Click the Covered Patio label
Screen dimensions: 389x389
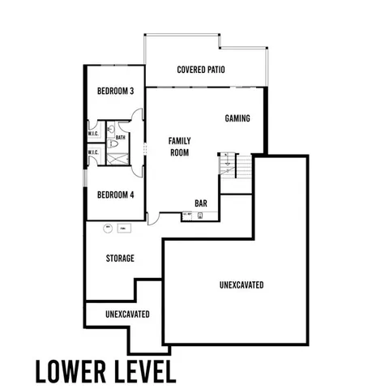click(200, 70)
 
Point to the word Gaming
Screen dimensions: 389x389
click(237, 118)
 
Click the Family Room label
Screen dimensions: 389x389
click(179, 146)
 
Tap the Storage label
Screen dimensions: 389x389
click(119, 259)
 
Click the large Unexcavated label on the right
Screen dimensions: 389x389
click(241, 285)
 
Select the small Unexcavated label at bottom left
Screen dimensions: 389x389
click(127, 314)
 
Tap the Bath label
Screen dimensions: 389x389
click(120, 138)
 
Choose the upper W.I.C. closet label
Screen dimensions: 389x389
click(93, 135)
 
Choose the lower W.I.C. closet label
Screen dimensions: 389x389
click(93, 152)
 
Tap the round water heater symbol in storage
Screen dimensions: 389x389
click(106, 229)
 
